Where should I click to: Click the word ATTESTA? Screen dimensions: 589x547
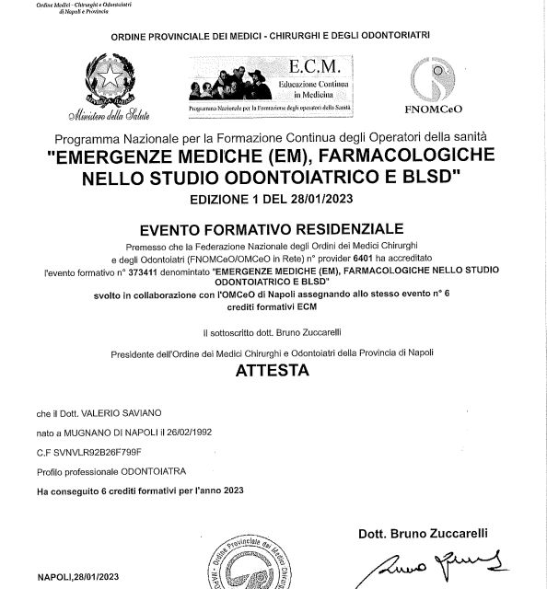[273, 372]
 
